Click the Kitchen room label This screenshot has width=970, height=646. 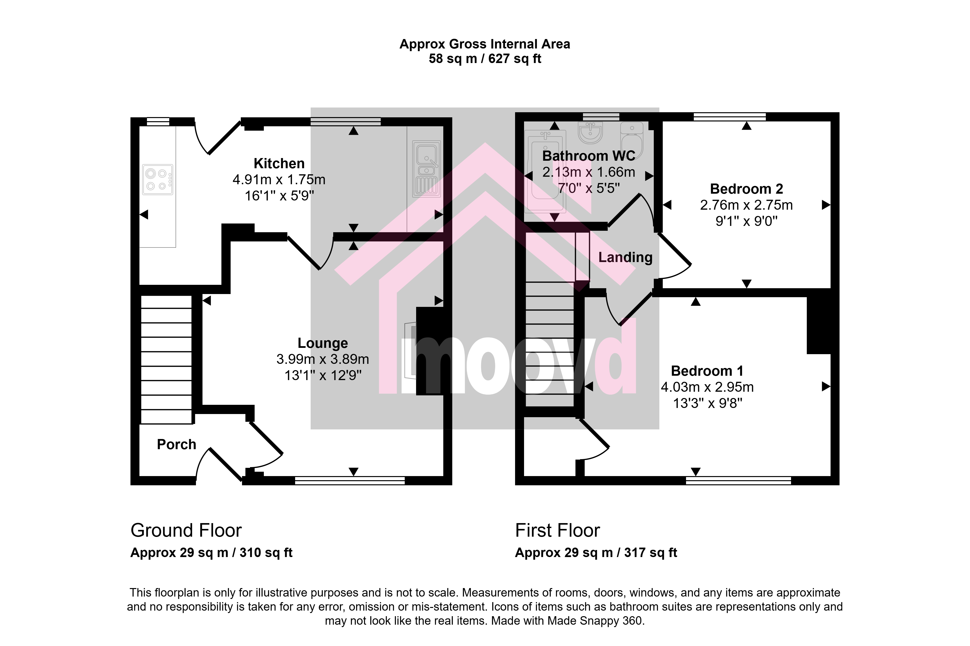point(279,164)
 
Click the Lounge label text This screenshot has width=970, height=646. point(323,343)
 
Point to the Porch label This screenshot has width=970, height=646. point(176,445)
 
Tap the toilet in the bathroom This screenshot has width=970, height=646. point(632,140)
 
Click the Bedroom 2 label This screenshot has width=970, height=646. point(746,189)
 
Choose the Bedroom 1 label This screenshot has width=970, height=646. point(707,371)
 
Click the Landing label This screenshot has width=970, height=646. point(625,257)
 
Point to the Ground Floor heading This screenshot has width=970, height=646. point(186,531)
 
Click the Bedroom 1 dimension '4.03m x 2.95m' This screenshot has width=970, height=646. point(707,387)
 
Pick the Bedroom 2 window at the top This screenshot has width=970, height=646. point(729,117)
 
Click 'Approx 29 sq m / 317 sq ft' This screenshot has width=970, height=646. point(596,553)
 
